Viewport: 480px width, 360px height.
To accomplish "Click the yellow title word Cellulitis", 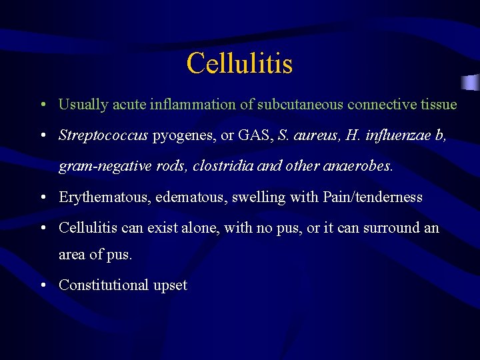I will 239,64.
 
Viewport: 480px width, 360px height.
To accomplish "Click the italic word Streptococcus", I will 103,136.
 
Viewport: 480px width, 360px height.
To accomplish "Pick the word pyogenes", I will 183,136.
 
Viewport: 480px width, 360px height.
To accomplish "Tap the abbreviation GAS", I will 254,135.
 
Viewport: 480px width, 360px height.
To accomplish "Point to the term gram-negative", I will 99,167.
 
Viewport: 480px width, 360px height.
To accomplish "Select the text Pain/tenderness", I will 373,197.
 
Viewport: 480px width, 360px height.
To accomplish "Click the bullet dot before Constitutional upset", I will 42,285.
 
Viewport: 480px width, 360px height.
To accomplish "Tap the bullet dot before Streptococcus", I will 42,136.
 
